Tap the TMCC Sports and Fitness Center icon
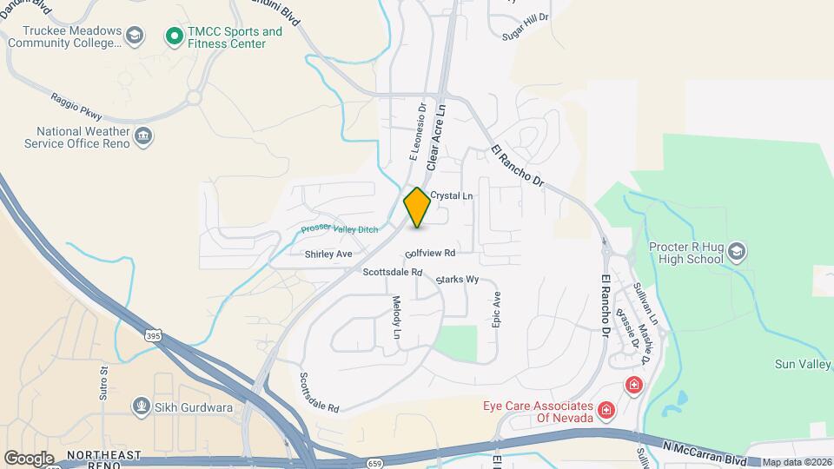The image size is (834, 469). click(x=174, y=36)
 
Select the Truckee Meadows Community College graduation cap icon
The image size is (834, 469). click(x=134, y=36)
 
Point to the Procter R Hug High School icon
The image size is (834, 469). click(x=737, y=253)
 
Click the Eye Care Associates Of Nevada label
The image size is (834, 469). click(x=538, y=412)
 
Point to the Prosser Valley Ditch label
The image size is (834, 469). click(x=340, y=228)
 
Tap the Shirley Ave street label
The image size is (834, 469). click(x=328, y=254)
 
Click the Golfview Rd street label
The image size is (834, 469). click(x=430, y=254)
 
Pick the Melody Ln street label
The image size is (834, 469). click(x=397, y=317)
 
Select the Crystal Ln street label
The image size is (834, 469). click(x=451, y=196)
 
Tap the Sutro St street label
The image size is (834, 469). click(x=103, y=382)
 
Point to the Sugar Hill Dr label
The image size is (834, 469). click(x=526, y=26)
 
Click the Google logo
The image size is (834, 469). click(x=28, y=458)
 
